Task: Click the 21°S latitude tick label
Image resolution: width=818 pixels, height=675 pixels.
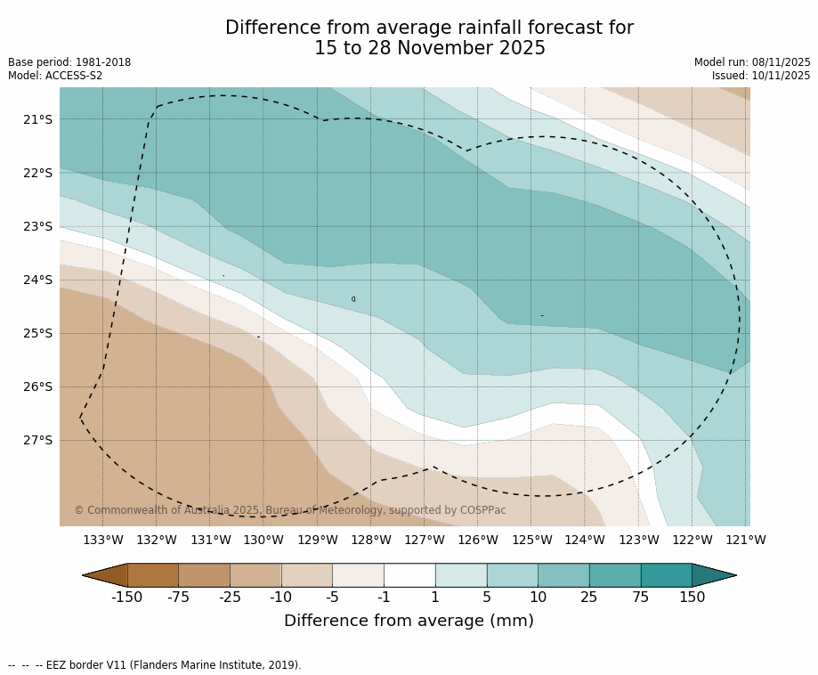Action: (37, 119)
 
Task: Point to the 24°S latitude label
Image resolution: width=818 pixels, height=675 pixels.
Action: (37, 280)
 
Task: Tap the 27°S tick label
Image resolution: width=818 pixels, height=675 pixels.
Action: (37, 440)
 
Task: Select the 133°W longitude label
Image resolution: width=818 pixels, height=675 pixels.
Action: (103, 540)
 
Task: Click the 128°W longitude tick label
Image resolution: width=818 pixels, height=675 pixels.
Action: (371, 540)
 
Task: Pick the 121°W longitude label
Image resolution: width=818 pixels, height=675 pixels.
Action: (746, 540)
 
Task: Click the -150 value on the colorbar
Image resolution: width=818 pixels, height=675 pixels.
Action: (126, 598)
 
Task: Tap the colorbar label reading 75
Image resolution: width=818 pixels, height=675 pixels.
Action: (640, 598)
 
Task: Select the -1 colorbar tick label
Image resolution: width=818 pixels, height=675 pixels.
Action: (384, 598)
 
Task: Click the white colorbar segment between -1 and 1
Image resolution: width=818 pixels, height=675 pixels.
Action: (409, 575)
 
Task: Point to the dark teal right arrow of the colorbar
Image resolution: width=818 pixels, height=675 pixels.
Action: (713, 575)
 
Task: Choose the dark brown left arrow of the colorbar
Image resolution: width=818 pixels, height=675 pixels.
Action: (106, 575)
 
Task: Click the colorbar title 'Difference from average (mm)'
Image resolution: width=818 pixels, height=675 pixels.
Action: (409, 622)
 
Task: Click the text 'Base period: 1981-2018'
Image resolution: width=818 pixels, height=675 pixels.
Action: (69, 62)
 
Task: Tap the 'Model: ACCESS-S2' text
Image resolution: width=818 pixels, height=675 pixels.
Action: (55, 76)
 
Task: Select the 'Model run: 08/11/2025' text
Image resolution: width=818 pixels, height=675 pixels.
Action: (752, 62)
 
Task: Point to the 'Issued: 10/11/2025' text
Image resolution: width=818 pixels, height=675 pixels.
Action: (761, 76)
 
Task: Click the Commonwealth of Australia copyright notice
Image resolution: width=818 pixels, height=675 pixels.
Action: (289, 510)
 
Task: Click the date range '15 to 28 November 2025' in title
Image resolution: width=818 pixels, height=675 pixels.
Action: (430, 49)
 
